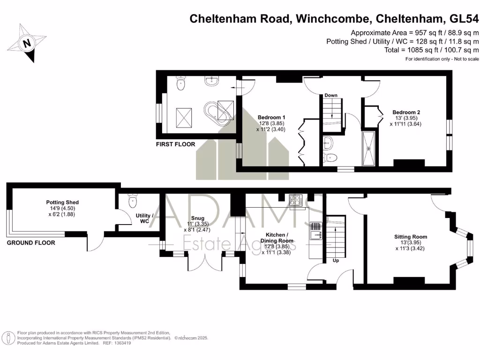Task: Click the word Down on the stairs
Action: (331, 95)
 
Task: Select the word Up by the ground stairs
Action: (336, 261)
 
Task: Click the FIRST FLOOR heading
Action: (175, 144)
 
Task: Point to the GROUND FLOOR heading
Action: (30, 243)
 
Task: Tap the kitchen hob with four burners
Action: (296, 201)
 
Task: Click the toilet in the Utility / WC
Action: (132, 201)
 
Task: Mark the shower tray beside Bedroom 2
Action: (370, 148)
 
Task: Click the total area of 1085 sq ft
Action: (431, 50)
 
